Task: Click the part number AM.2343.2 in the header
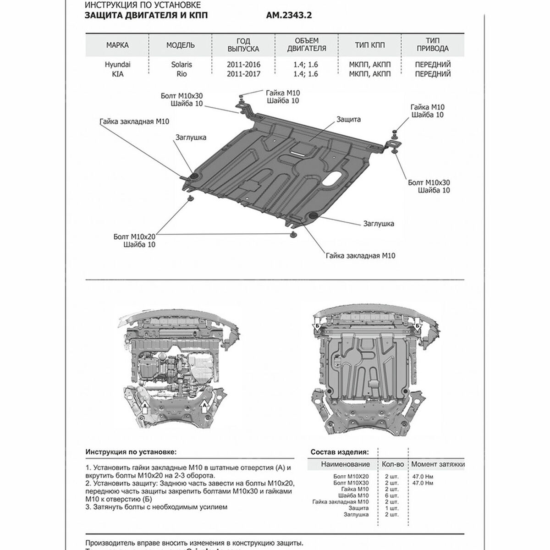[x=289, y=16]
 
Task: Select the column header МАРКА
[x=117, y=45]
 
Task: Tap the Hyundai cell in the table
[x=117, y=65]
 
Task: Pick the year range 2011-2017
[x=243, y=74]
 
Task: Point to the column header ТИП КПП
[x=370, y=45]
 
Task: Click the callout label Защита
[x=349, y=119]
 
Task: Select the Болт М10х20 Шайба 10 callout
[x=135, y=241]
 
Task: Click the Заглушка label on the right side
[x=379, y=224]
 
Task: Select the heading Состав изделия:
[x=339, y=452]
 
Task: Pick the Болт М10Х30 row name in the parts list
[x=351, y=483]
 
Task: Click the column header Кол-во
[x=393, y=464]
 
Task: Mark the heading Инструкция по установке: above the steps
[x=131, y=452]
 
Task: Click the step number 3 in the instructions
[x=88, y=507]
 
